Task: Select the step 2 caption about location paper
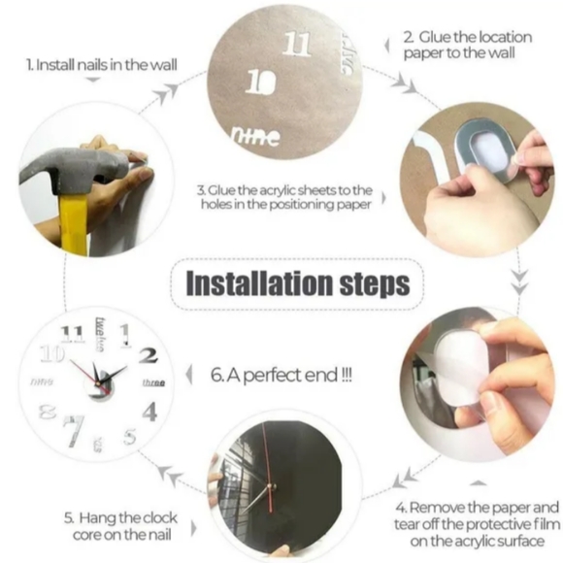(x=474, y=45)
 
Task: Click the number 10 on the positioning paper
(x=255, y=83)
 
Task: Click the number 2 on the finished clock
(x=148, y=355)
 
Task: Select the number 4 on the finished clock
(x=149, y=411)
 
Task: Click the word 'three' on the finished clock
(x=153, y=383)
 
